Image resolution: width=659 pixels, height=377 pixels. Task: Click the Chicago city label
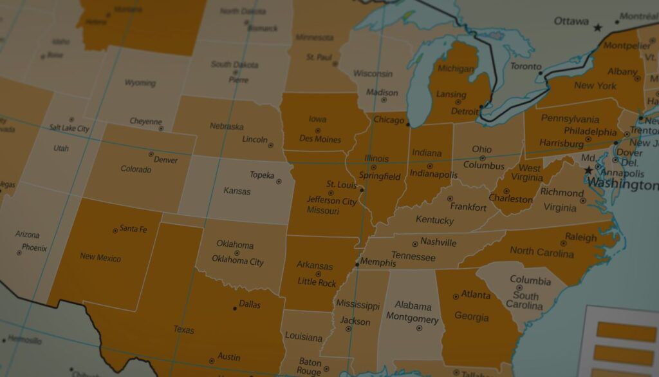click(388, 121)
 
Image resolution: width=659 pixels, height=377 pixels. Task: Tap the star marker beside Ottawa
click(598, 28)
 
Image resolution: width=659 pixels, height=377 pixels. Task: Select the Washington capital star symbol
click(588, 170)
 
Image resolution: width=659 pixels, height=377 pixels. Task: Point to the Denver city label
click(165, 159)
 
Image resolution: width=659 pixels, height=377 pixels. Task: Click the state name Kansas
click(237, 191)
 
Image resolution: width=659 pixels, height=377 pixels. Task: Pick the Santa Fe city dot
click(115, 230)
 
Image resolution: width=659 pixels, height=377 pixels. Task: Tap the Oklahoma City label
click(237, 261)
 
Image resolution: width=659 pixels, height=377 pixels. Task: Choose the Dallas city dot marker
click(234, 308)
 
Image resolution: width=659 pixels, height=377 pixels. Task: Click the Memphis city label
click(378, 262)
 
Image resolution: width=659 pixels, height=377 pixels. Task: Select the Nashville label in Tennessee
click(438, 242)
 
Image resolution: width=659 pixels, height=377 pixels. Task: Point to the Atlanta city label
click(476, 295)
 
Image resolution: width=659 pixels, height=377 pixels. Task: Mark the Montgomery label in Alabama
click(412, 318)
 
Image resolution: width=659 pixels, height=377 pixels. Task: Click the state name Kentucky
click(434, 220)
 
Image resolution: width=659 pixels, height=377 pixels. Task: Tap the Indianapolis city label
click(434, 175)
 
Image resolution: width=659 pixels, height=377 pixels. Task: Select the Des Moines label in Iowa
click(320, 139)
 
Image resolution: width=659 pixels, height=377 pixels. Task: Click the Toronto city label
click(526, 66)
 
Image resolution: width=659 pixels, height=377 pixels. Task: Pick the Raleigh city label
click(581, 237)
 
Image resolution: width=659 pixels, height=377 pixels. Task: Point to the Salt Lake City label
click(69, 128)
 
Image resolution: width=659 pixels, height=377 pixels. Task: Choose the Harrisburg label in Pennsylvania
click(561, 143)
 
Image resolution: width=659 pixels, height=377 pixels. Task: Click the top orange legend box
click(626, 332)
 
